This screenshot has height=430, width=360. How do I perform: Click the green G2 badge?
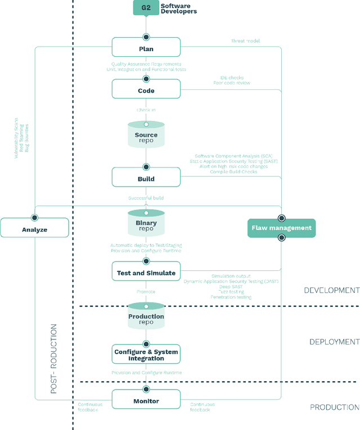click(145, 8)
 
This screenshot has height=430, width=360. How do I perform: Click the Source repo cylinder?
click(146, 135)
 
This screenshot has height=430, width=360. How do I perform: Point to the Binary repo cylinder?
click(146, 224)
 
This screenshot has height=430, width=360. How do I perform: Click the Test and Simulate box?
click(146, 273)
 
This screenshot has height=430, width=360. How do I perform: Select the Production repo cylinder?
click(146, 317)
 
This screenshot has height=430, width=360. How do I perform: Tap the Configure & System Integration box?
click(146, 355)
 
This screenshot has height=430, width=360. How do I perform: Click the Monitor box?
click(146, 401)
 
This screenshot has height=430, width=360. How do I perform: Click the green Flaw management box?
click(282, 228)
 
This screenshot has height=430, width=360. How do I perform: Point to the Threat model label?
click(245, 41)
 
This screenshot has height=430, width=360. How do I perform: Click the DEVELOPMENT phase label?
click(331, 291)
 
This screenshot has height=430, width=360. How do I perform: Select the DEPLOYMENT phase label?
click(334, 342)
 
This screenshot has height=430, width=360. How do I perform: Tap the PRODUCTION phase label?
click(334, 407)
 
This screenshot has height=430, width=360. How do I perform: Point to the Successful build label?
click(146, 198)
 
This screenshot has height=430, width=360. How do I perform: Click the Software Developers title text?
click(178, 8)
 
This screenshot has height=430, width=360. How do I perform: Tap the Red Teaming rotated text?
click(22, 138)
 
